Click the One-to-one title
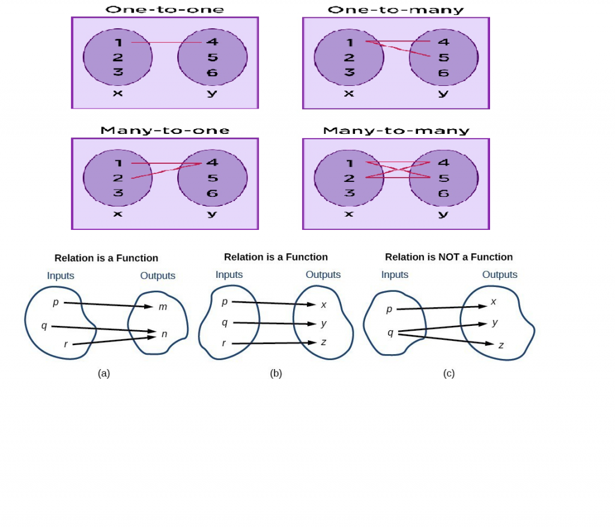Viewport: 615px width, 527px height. coord(165,10)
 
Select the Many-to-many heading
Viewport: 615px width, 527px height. coord(396,130)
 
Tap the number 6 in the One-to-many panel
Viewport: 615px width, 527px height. coord(443,73)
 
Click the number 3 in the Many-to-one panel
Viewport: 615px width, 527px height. coord(118,193)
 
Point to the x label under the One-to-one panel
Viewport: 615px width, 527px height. coord(118,93)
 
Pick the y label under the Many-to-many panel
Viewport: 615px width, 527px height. coord(443,214)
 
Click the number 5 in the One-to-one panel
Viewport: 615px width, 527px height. coord(212,58)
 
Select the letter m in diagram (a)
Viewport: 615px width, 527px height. coord(163,307)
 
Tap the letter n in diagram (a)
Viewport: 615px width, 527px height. coord(164,334)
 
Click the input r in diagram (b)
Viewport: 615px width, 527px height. coord(224,343)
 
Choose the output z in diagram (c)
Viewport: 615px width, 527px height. coord(501,345)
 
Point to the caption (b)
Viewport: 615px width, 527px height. coord(276,373)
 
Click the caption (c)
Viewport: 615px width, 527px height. coord(449,373)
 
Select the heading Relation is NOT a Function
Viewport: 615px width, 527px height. coord(449,257)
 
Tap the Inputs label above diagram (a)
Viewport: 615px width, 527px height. coord(61,276)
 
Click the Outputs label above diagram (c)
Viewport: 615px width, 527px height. coord(500,274)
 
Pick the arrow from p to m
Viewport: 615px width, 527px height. coord(108,304)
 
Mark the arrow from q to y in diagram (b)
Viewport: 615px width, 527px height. coord(274,323)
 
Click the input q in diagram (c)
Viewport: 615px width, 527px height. coord(390,332)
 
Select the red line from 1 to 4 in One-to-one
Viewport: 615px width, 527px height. coord(166,43)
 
